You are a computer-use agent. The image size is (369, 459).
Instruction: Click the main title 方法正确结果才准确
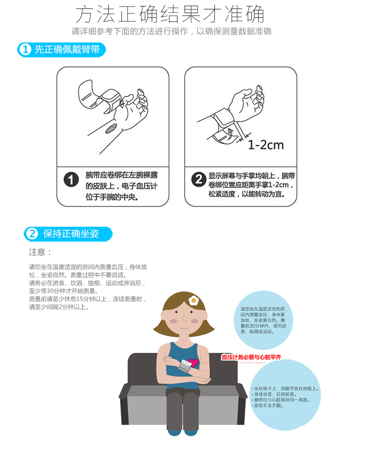tap(170, 14)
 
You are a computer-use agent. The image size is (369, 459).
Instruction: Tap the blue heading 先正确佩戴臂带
tap(67, 49)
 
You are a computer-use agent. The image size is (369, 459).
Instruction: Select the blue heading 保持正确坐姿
tap(71, 234)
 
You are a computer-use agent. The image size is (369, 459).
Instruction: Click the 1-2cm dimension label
tap(266, 145)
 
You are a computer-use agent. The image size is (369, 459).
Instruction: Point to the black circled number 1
tap(71, 180)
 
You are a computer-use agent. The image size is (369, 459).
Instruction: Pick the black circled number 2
tap(199, 180)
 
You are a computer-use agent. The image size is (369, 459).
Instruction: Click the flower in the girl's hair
tap(194, 300)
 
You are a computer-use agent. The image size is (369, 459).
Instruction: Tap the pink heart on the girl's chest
tap(193, 363)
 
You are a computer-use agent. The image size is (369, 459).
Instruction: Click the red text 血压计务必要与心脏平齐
tap(251, 357)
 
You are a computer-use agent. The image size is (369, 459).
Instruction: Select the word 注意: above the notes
tap(40, 252)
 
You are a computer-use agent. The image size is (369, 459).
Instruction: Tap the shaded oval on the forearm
tap(111, 128)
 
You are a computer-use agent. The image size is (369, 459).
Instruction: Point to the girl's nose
tap(184, 318)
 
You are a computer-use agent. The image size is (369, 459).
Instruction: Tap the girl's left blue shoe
tap(174, 432)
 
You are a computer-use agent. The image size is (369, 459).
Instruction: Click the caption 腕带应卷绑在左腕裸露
tap(121, 175)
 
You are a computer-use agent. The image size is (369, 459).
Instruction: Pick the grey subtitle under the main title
tap(171, 31)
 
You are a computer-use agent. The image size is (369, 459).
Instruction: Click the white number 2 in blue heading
tap(32, 234)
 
